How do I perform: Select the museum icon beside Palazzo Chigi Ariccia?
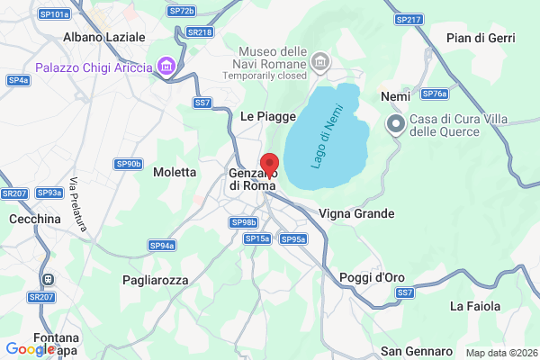[165, 66]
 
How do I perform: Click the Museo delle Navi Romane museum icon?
[319, 61]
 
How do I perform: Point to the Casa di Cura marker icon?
[394, 124]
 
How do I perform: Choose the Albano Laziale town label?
[103, 38]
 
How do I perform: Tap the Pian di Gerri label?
[480, 38]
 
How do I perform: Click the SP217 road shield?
[408, 19]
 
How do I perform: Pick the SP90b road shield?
[129, 164]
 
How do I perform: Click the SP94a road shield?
[162, 245]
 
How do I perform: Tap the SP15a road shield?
[257, 238]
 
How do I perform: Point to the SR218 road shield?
[201, 31]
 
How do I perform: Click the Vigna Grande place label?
[357, 213]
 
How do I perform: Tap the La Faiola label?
[475, 306]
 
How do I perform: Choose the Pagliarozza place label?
[156, 280]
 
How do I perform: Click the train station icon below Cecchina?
[46, 280]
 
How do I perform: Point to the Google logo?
[31, 348]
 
